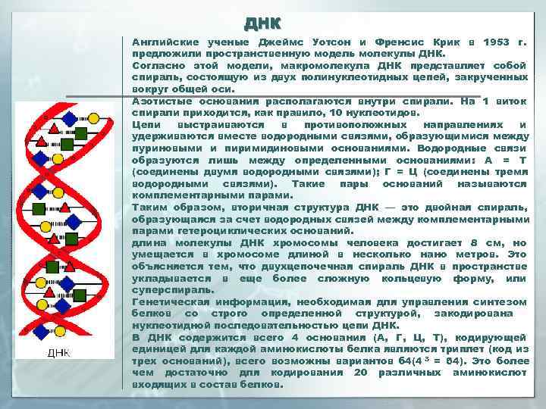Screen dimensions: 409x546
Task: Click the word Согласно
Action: [x=155, y=66]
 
